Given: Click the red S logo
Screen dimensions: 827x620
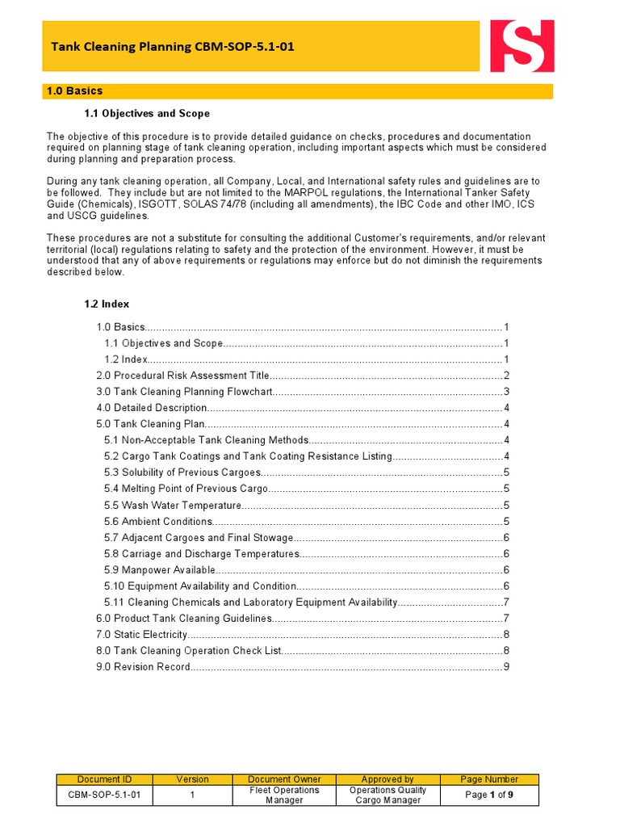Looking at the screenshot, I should (x=522, y=46).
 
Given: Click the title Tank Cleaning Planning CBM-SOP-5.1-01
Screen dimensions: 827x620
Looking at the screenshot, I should (x=173, y=47).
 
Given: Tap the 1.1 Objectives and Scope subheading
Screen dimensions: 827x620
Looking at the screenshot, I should (x=147, y=113).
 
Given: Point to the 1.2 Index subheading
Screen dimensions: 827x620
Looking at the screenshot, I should (x=107, y=304).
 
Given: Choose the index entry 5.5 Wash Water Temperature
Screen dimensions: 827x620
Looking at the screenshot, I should (x=173, y=506).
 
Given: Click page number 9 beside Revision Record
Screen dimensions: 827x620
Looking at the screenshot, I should (x=506, y=667).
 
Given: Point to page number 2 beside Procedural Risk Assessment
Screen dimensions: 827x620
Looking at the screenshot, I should (x=506, y=376).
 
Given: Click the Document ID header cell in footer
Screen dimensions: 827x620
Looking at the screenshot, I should (x=104, y=779).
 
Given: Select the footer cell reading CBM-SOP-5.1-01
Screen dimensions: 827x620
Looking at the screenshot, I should (x=104, y=796).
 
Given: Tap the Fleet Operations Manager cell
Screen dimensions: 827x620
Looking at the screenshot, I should (x=284, y=796).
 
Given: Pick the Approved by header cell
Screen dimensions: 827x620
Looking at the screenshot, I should (x=387, y=779).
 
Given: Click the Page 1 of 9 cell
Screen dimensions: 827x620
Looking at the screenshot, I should (x=489, y=796).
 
